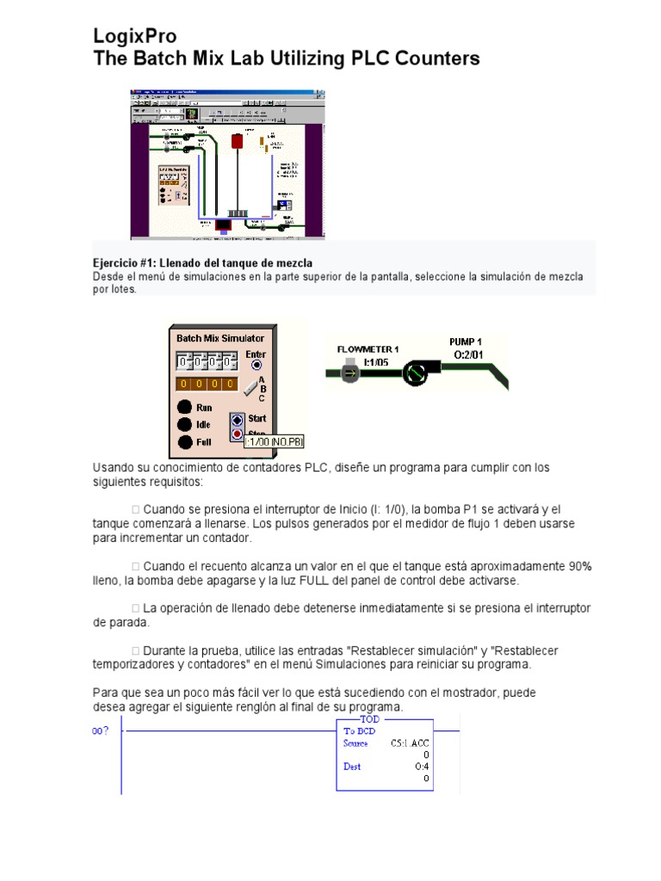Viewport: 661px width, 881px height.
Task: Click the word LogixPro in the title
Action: pos(135,36)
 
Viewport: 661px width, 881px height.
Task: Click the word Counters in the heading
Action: pos(436,59)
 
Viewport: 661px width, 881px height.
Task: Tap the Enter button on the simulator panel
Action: pos(256,365)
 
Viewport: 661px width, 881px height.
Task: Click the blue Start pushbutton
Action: pos(238,420)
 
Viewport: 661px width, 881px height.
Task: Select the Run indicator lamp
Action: pos(184,407)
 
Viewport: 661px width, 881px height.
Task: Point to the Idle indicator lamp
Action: pos(184,424)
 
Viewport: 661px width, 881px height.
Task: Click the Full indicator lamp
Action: pos(184,442)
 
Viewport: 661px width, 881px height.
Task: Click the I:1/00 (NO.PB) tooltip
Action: pos(275,441)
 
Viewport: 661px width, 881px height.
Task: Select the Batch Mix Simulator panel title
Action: pos(220,338)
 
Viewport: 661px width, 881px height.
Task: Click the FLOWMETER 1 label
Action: pos(368,348)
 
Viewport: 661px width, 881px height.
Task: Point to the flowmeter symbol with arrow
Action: pos(349,373)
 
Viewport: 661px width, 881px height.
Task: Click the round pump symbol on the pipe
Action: pos(413,373)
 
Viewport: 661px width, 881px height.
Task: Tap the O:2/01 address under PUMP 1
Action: pos(467,354)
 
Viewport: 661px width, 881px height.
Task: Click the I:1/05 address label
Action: pos(374,361)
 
